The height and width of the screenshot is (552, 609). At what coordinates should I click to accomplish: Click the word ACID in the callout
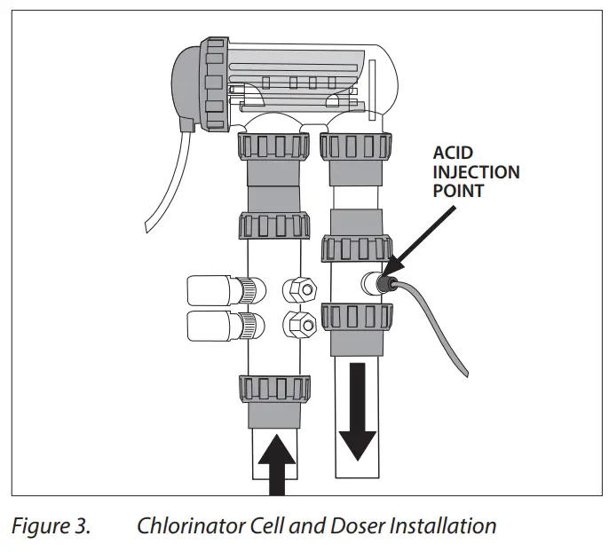click(450, 153)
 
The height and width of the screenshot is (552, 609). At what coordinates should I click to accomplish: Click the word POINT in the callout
click(457, 190)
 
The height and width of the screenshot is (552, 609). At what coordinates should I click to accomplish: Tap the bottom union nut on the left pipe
click(275, 388)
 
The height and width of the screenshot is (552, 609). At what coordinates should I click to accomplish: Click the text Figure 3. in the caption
click(50, 525)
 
